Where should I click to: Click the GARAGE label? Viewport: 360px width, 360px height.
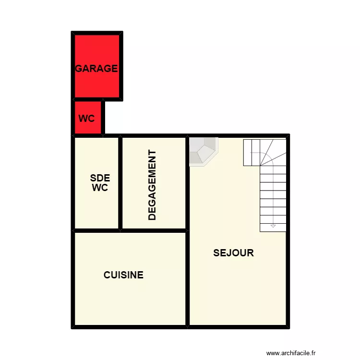coord(96,68)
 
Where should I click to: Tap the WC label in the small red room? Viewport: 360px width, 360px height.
coord(86,119)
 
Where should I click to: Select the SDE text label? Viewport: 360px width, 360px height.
coord(100,178)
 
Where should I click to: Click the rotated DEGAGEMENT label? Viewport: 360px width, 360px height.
coord(152,185)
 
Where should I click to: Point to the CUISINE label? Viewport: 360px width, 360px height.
coord(123,275)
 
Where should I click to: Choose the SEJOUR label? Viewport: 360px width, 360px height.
coord(233,253)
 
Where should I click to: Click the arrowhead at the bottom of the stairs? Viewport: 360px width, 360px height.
coord(273,225)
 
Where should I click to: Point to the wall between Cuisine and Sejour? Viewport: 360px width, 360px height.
coord(188,278)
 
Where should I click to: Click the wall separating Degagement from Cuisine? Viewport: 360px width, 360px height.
coord(154,230)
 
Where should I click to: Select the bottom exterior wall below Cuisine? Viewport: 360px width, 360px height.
coord(130,327)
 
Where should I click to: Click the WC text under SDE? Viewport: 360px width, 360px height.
coord(100,188)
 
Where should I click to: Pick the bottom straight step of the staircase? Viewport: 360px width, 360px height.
coord(273,228)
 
